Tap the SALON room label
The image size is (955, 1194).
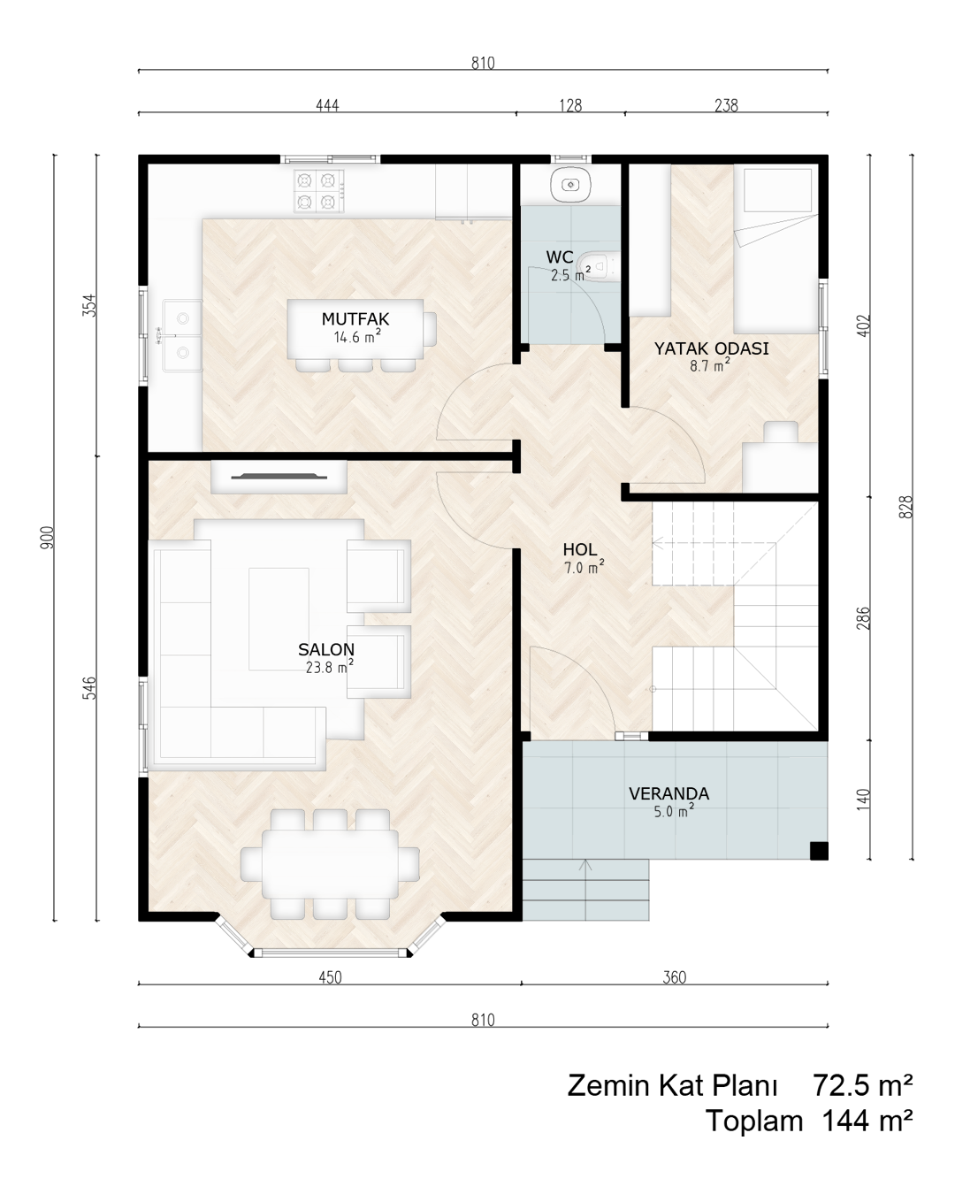[325, 649]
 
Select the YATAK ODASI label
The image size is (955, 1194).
[711, 348]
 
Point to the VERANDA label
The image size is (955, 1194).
[668, 793]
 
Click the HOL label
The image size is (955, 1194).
[580, 549]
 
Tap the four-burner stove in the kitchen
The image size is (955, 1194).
[319, 191]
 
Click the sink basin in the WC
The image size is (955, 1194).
[569, 184]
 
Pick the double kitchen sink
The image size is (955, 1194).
[182, 335]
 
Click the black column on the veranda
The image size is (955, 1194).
[819, 851]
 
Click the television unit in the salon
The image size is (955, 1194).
[279, 477]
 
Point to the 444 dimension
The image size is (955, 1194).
[327, 105]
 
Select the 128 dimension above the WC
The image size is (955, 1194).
[570, 105]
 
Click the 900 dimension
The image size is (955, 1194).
[47, 537]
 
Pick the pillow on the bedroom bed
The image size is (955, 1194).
[777, 190]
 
